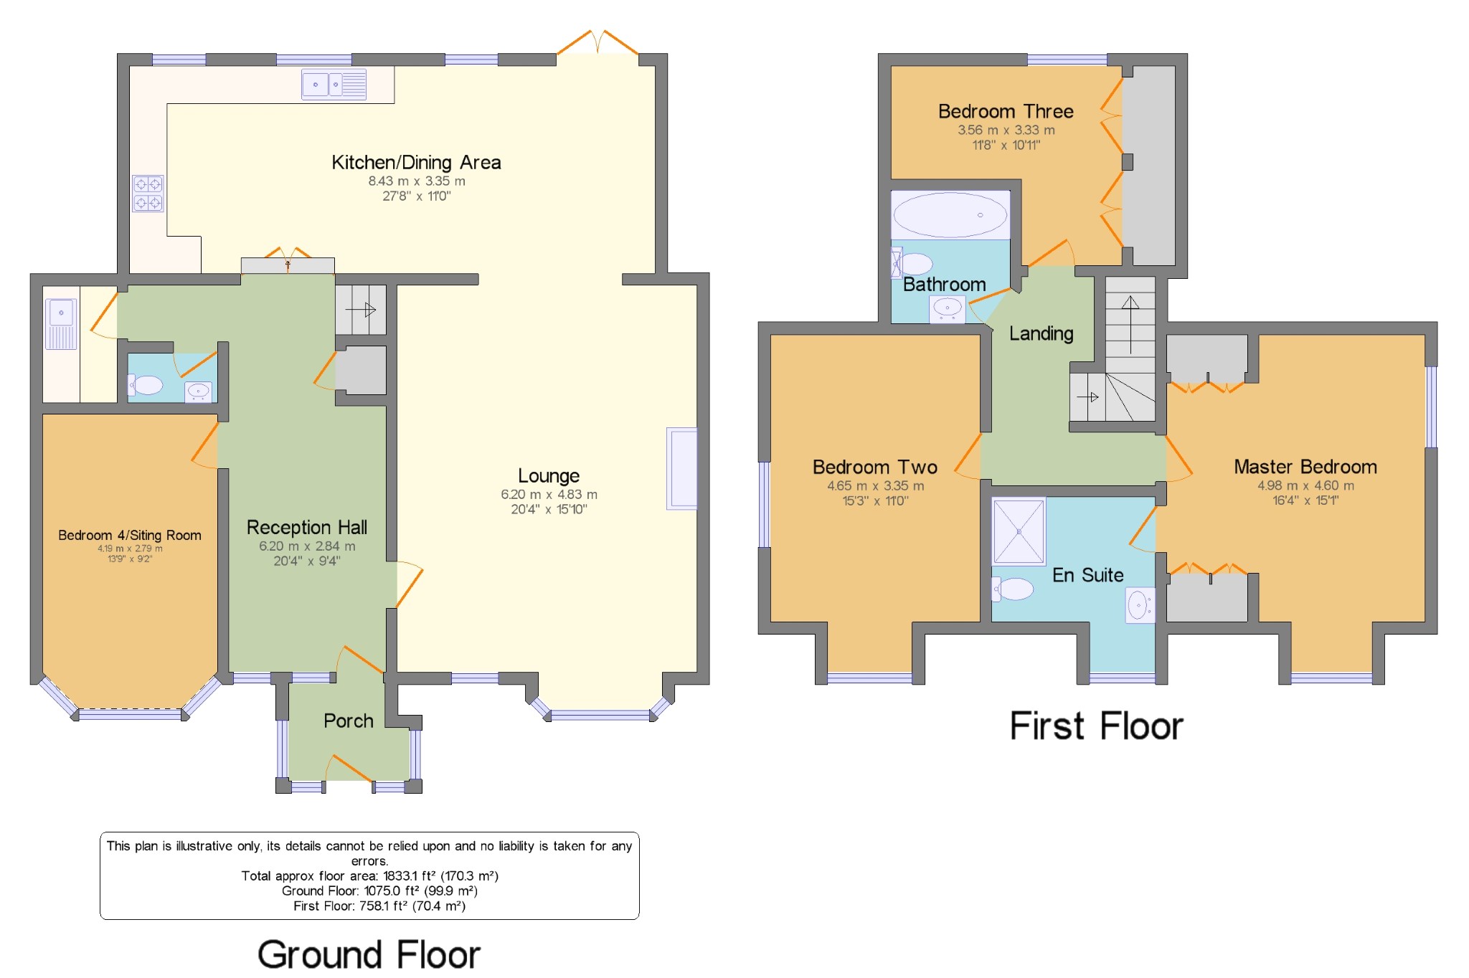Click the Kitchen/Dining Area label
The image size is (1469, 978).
(x=416, y=163)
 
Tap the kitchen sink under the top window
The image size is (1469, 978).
(x=334, y=85)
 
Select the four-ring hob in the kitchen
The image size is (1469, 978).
(x=148, y=194)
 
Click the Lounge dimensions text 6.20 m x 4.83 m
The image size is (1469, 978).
(x=549, y=495)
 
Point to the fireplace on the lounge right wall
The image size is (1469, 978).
(x=681, y=468)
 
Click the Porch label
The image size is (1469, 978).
(x=348, y=721)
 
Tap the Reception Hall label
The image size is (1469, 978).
(x=307, y=528)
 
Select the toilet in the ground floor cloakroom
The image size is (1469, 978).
(x=147, y=385)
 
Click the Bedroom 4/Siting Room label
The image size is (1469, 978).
(x=129, y=536)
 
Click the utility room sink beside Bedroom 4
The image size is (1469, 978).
(x=61, y=323)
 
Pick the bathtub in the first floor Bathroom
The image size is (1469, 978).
(x=950, y=215)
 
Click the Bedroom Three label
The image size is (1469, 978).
(x=1006, y=112)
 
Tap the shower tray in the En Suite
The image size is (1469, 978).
(x=1019, y=531)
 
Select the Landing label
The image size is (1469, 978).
(x=1041, y=333)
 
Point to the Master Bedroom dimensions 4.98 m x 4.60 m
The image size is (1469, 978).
(x=1305, y=485)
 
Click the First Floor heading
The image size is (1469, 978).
(x=1096, y=726)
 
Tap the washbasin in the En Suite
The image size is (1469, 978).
(x=1139, y=605)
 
